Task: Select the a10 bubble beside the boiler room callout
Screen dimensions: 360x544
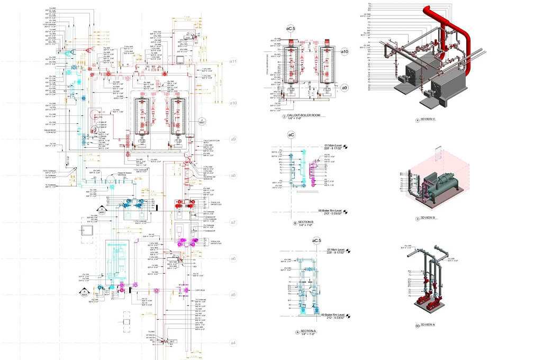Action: click(344, 51)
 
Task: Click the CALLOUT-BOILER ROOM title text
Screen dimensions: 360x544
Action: click(304, 116)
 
